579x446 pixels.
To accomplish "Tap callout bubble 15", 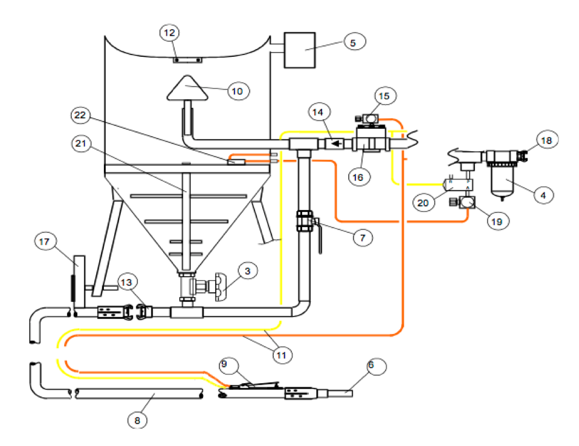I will pyautogui.click(x=384, y=96).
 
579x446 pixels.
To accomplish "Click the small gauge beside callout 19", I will pyautogui.click(x=466, y=203).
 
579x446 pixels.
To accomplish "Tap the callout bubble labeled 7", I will pyautogui.click(x=362, y=237).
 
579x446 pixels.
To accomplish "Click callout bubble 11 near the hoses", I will pyautogui.click(x=279, y=355).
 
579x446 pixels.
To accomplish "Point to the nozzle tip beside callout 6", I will pyautogui.click(x=341, y=393).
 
